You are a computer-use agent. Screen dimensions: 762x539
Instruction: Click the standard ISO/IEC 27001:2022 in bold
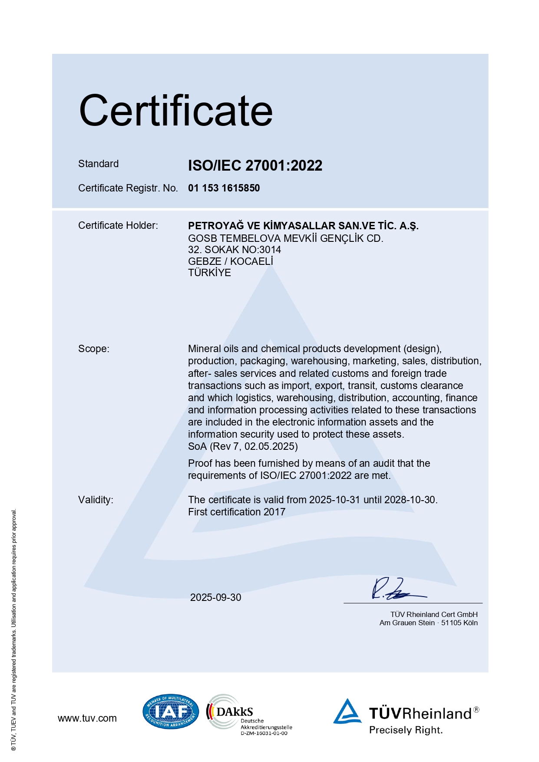(x=255, y=165)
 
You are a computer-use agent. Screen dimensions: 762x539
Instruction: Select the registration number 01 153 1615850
(x=224, y=188)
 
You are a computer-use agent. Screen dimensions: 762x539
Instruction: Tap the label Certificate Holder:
(x=118, y=225)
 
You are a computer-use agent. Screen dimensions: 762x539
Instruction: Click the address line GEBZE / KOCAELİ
(x=230, y=261)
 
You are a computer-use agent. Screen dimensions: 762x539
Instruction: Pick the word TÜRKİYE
(x=209, y=273)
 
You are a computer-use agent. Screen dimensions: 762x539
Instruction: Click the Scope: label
(x=94, y=349)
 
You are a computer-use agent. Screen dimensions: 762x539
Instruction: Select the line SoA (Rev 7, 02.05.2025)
(x=243, y=446)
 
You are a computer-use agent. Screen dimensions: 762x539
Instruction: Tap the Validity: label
(x=96, y=500)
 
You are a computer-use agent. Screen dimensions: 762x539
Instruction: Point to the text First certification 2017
(x=237, y=512)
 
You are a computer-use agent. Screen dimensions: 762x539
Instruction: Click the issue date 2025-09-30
(x=215, y=597)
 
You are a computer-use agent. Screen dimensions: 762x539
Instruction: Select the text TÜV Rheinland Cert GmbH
(x=434, y=614)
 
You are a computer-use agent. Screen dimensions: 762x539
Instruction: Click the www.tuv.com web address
(x=87, y=718)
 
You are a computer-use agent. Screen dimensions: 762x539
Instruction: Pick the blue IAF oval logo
(x=171, y=712)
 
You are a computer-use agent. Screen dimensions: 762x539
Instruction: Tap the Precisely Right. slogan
(x=406, y=730)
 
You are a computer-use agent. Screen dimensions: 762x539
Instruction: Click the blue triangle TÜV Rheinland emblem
(x=347, y=712)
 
